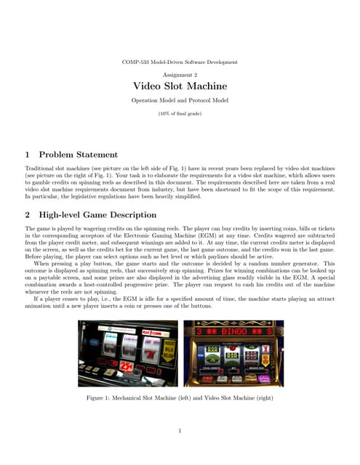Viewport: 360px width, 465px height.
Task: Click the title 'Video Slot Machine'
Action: point(179,86)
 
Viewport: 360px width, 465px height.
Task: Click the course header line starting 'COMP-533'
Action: point(179,62)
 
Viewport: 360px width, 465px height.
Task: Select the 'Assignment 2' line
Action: point(179,75)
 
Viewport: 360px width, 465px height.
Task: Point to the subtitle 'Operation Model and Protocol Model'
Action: point(179,100)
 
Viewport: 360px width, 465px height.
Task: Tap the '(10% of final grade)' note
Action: point(179,113)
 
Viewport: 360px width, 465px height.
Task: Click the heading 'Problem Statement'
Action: point(78,154)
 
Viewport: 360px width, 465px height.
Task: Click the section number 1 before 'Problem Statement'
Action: point(28,154)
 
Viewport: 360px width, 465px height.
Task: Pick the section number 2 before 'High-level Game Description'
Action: point(28,214)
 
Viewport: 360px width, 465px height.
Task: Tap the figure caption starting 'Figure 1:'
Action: point(179,399)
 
